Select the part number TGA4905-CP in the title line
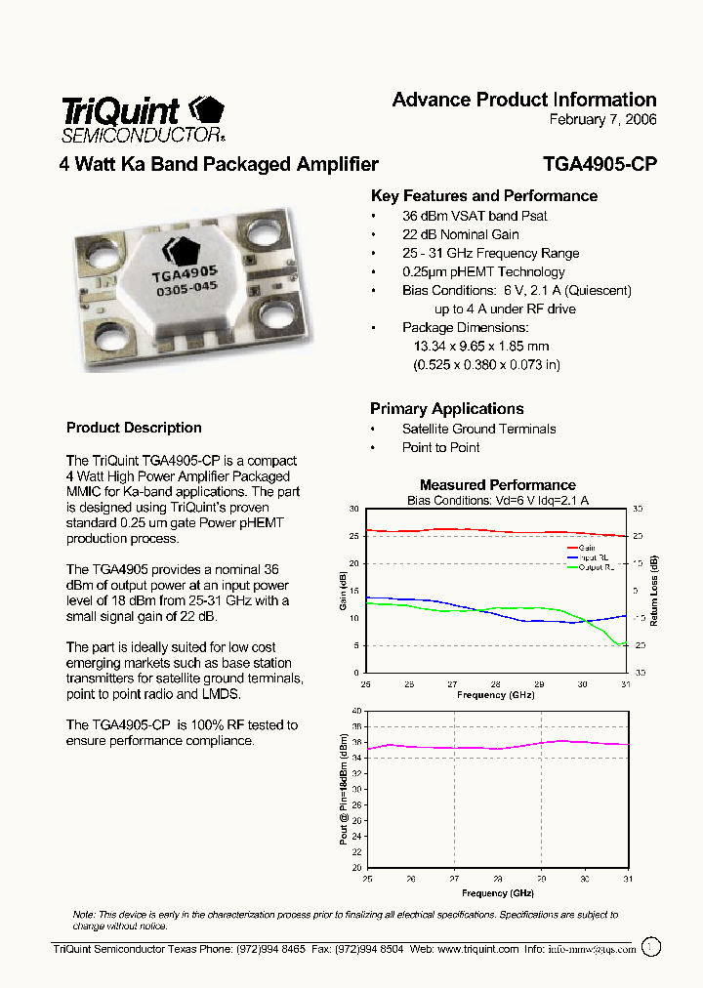(x=599, y=165)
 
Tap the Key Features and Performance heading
(x=484, y=196)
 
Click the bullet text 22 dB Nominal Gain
(x=460, y=234)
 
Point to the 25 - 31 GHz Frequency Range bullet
(x=490, y=253)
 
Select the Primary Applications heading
(x=447, y=409)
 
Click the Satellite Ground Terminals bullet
(x=478, y=429)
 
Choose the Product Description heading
(x=134, y=428)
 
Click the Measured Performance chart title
(x=497, y=485)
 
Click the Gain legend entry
(x=587, y=548)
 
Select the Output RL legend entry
(x=595, y=567)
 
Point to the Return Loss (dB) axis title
(x=654, y=592)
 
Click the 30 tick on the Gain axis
(x=353, y=509)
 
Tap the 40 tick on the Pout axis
(x=355, y=711)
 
